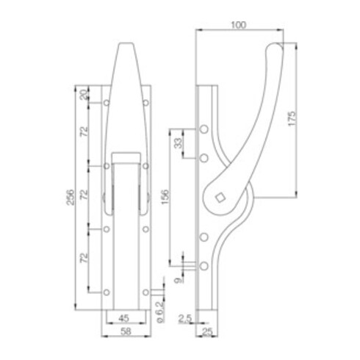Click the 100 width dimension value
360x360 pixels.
point(237,24)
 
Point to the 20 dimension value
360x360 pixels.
point(83,93)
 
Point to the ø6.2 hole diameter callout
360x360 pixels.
point(159,309)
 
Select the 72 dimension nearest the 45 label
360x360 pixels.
point(83,258)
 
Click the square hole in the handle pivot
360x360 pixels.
point(219,196)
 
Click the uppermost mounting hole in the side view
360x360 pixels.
point(204,131)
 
